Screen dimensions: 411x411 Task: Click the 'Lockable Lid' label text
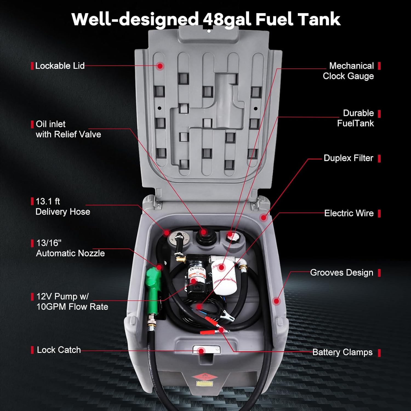point(60,66)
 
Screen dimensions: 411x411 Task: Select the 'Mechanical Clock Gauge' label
point(349,71)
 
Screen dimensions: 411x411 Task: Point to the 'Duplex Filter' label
point(348,158)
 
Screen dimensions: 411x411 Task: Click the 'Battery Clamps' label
point(342,352)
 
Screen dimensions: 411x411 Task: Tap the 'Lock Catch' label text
point(59,350)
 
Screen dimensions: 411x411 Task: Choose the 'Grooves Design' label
point(341,273)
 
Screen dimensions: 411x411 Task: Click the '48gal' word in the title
point(227,19)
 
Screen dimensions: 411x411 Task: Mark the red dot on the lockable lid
point(160,66)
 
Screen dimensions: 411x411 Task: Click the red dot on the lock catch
point(201,351)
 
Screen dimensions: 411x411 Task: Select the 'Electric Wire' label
point(349,213)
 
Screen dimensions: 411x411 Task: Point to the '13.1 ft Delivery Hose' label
point(63,207)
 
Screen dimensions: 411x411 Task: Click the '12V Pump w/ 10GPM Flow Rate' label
point(72,301)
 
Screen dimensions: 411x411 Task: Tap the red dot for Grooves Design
point(276,301)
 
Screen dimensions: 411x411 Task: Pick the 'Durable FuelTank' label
point(355,118)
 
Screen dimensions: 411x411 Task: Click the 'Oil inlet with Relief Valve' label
point(68,129)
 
